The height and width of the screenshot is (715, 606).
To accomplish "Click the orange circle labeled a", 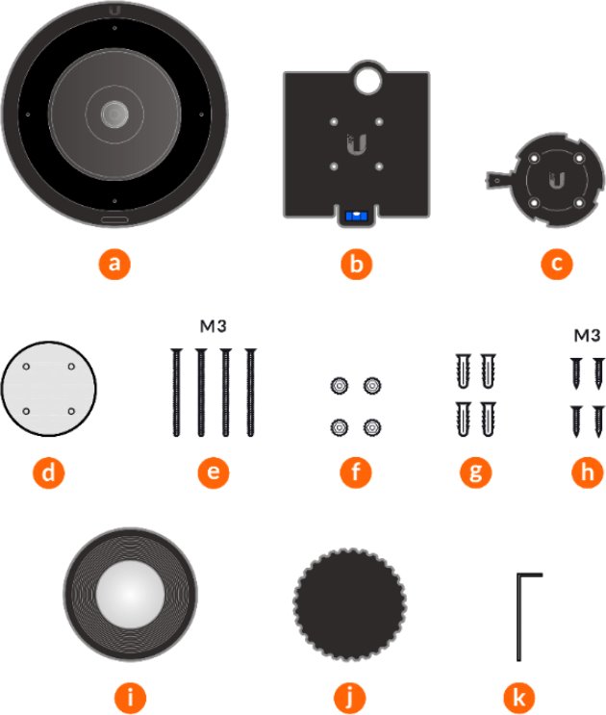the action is click(x=114, y=264).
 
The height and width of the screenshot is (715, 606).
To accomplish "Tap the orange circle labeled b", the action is click(x=356, y=264).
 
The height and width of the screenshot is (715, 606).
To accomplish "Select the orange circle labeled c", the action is click(x=557, y=264).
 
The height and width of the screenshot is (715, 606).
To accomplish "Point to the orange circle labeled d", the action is click(x=48, y=472).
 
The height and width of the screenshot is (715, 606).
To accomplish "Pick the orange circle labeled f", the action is click(x=356, y=472).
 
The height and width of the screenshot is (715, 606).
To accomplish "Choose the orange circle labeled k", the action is click(x=519, y=698).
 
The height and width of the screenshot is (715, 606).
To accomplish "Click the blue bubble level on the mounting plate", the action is click(x=356, y=216).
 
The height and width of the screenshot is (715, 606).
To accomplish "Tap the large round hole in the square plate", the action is click(x=367, y=80).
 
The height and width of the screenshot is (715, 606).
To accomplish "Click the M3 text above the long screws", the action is click(x=214, y=326).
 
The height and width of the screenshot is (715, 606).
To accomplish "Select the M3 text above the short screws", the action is click(x=587, y=336).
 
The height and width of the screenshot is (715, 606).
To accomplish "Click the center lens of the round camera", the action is click(x=114, y=114).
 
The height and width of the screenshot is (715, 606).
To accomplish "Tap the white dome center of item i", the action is click(x=130, y=594).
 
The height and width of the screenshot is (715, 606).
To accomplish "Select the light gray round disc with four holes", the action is click(x=49, y=389).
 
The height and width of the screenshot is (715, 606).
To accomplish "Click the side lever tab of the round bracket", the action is click(x=500, y=179).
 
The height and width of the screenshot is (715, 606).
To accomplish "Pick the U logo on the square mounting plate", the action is click(x=356, y=144).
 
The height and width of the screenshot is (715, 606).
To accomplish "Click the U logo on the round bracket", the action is click(x=556, y=180).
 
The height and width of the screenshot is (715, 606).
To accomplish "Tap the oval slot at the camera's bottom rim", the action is click(x=114, y=220).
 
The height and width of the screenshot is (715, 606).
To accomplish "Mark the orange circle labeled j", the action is click(x=350, y=698).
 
